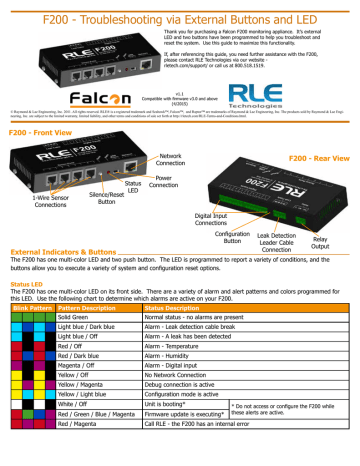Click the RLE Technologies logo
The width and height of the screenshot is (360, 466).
311,96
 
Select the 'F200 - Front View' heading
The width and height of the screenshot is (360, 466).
38,133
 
